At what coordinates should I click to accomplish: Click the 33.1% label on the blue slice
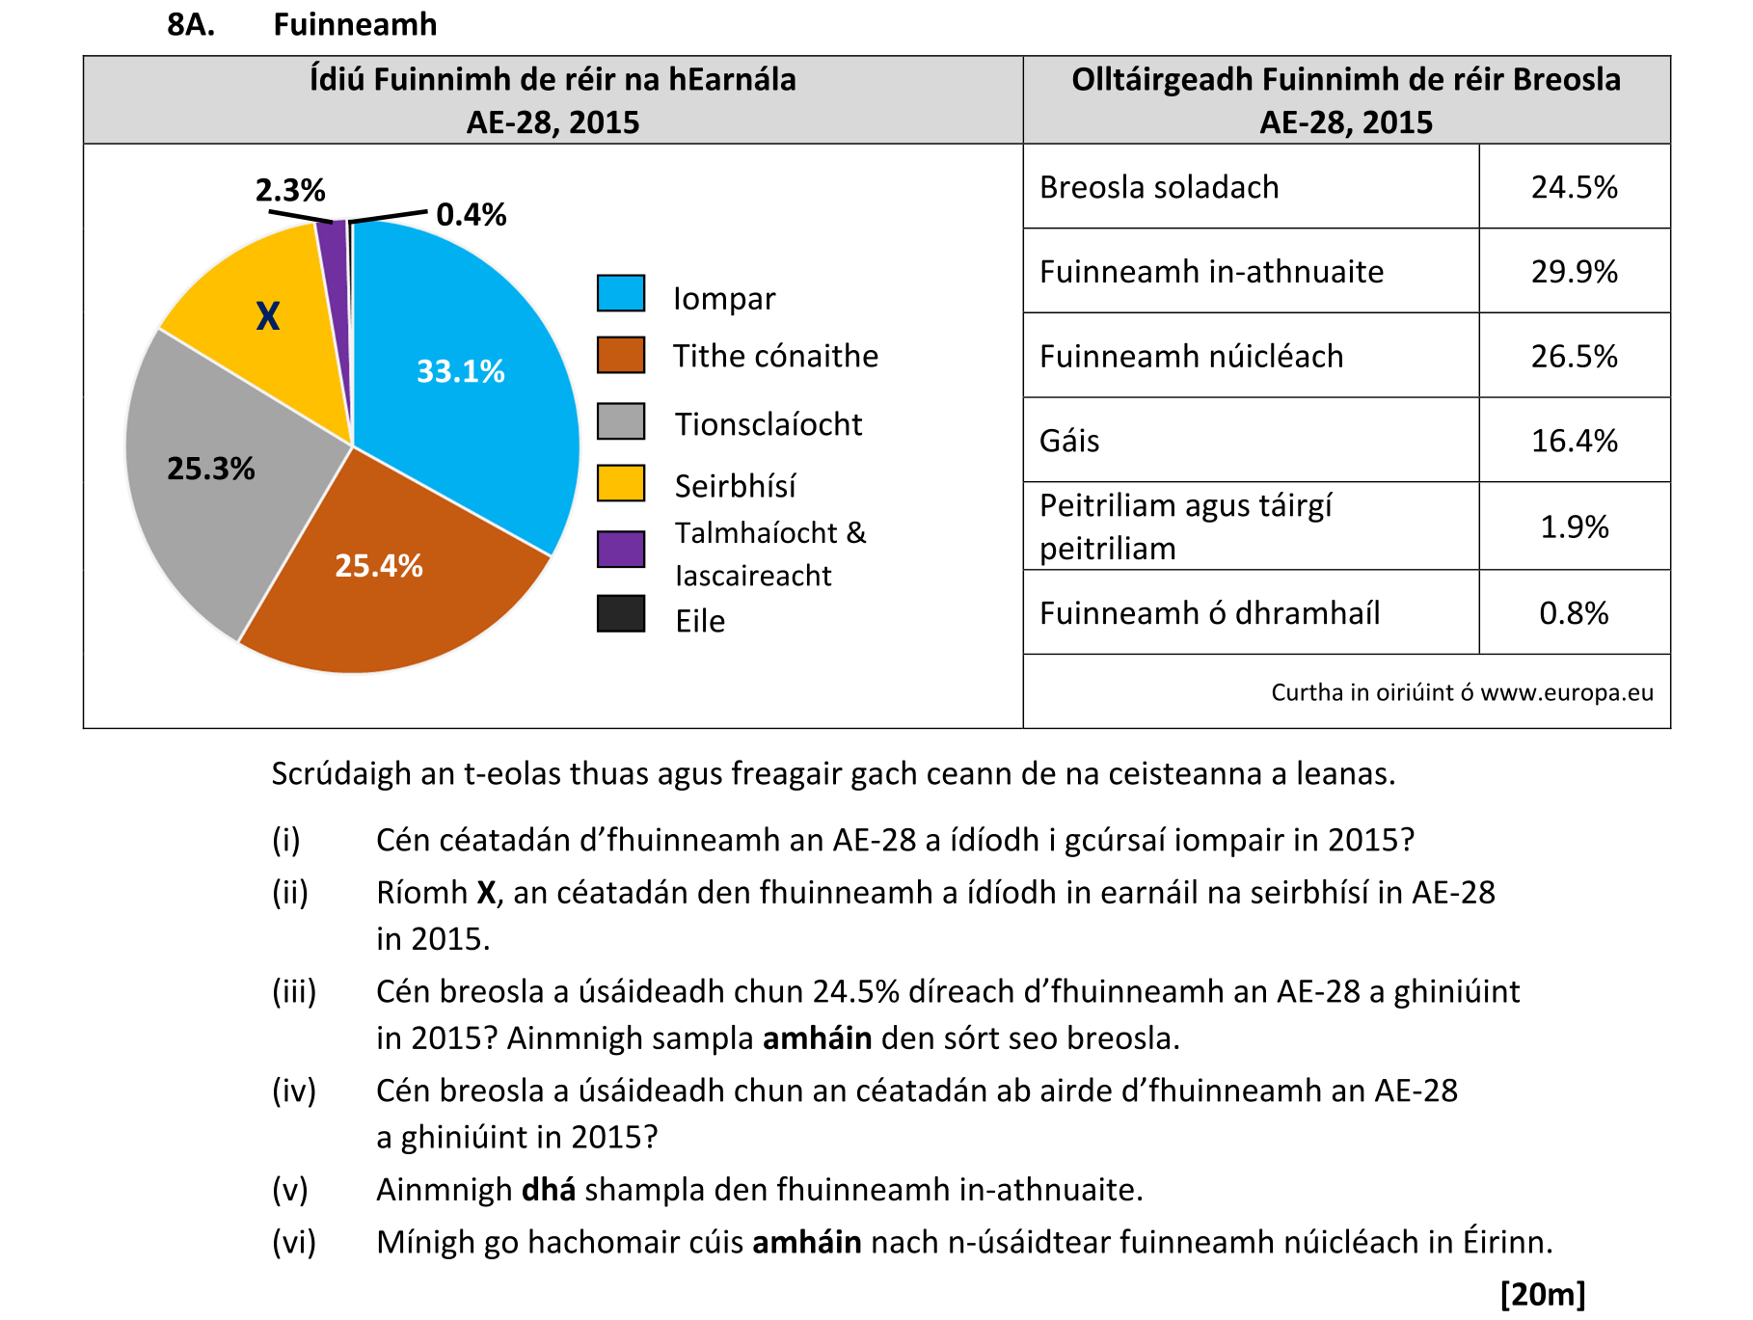460,371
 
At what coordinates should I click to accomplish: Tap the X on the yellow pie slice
267,316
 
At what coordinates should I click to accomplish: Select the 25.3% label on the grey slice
210,469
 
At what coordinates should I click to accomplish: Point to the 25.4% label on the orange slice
378,566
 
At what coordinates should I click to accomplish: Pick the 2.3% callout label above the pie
289,190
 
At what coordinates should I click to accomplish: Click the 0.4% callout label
471,214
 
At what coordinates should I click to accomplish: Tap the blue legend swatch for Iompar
620,294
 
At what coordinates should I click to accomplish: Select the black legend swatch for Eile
620,613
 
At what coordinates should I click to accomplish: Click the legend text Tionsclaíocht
768,424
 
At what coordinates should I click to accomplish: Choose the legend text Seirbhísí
735,486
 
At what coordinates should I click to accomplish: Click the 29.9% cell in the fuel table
1574,272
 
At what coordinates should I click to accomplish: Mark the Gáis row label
1069,441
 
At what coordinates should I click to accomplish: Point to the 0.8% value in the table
1574,613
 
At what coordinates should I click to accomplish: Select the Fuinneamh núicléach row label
1191,357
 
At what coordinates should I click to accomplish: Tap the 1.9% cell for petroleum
1574,526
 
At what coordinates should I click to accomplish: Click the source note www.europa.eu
1566,692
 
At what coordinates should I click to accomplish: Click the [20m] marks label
1542,1294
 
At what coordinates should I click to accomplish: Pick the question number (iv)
293,1091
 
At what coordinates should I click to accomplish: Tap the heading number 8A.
191,24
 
